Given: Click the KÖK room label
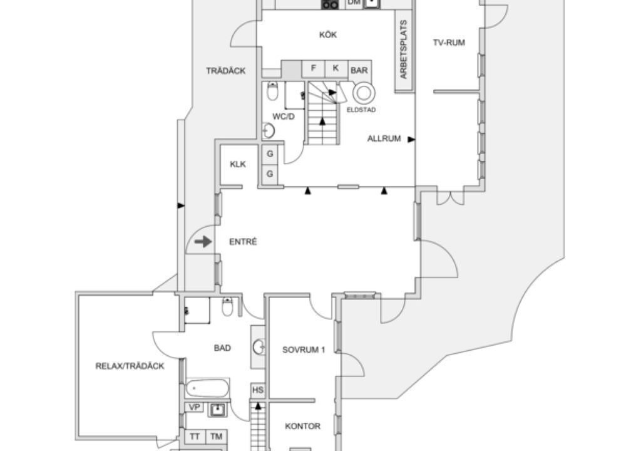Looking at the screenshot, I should coord(328,35).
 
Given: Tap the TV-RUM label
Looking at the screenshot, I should coord(449,43).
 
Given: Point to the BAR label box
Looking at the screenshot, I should coord(359,70).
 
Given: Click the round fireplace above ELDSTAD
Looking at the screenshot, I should coord(364,93).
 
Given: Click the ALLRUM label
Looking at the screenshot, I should coord(384,139).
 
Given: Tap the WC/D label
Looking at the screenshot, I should coord(283,117).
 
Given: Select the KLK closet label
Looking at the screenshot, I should coord(238,165).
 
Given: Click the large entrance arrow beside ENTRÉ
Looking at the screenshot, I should coord(203,242).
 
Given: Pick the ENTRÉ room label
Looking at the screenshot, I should coord(243,242).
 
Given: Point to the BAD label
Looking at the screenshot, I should coord(223,348).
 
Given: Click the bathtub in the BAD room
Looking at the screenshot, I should coord(207,388).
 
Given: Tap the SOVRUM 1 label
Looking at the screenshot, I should coord(304,350).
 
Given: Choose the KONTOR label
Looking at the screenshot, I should coord(302,427).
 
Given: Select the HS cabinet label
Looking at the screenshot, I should coord(258,390).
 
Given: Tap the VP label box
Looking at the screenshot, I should coord(195,407).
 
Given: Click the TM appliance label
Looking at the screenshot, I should coord(216,437).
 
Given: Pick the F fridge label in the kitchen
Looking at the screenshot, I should coord(314,68).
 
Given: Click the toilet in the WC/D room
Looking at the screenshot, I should coord(272,92).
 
